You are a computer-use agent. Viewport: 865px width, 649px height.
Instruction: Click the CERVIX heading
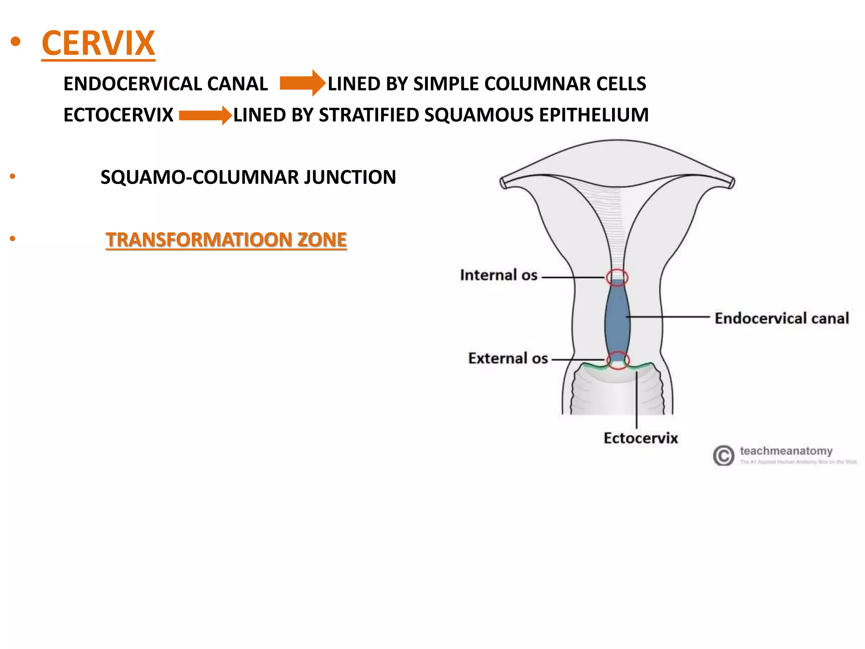click(98, 43)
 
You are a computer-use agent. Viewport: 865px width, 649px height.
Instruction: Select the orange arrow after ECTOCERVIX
click(205, 115)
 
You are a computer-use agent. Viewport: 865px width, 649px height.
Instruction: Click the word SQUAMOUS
click(479, 115)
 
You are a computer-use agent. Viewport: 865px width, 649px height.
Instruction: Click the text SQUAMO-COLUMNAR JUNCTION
click(248, 177)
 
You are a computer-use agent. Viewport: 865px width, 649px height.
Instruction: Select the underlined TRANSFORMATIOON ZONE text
click(226, 240)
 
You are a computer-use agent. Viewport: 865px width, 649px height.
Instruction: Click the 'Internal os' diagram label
click(498, 275)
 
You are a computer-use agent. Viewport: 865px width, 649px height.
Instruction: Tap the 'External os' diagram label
click(508, 358)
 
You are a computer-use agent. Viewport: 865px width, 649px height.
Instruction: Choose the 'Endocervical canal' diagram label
click(781, 318)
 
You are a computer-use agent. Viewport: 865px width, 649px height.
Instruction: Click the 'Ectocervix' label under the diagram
click(640, 438)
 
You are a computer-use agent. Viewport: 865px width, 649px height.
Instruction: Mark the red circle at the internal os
click(617, 278)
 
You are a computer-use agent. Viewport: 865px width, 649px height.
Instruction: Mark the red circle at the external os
click(618, 360)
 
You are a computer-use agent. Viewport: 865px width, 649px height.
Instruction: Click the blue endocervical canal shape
click(617, 321)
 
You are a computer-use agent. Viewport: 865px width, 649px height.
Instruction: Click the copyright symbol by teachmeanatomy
click(724, 455)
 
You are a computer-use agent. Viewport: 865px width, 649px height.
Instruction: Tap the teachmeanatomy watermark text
click(786, 451)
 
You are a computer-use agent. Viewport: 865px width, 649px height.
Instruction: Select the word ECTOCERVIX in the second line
click(118, 115)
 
